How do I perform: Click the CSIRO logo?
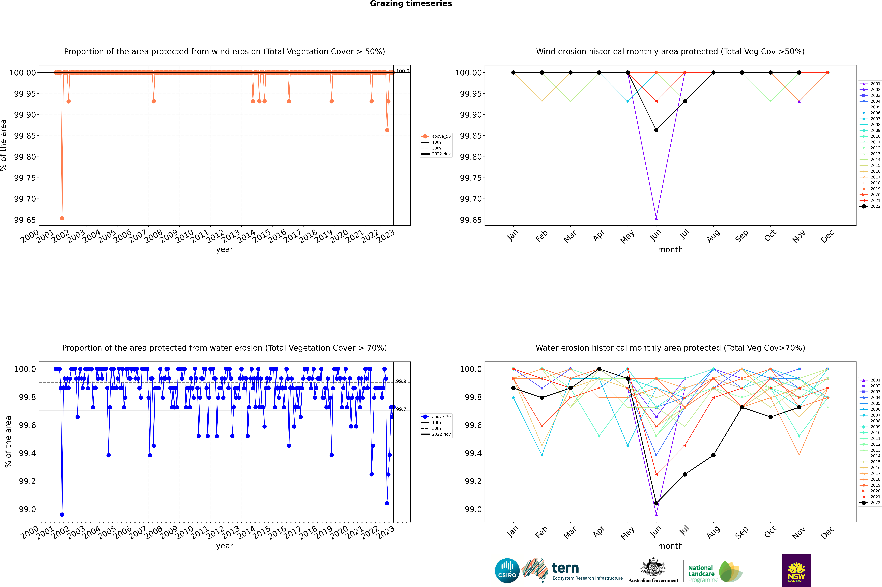pos(507,571)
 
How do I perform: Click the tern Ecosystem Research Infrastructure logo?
pos(572,571)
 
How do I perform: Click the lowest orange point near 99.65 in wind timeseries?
pos(62,218)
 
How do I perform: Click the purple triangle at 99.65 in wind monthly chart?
pos(656,218)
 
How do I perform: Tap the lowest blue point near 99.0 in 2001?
pos(62,514)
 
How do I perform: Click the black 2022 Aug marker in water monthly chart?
pos(713,455)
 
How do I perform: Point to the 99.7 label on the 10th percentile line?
pos(401,409)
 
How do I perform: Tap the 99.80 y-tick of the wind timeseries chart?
pos(25,157)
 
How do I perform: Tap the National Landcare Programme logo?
pos(714,572)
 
